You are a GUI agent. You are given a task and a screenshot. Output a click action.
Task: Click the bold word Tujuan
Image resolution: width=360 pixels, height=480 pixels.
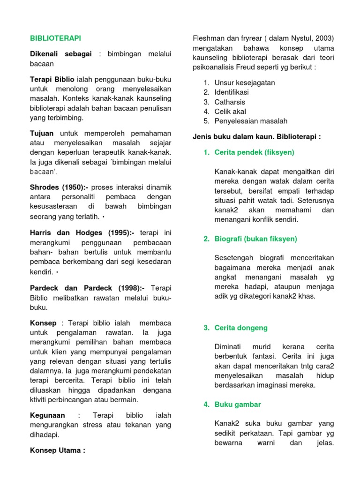42,134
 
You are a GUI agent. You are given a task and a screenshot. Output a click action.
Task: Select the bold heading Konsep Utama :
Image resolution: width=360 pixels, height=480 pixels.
57,450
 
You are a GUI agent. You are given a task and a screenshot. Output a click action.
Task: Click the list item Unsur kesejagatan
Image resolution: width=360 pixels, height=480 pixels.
245,82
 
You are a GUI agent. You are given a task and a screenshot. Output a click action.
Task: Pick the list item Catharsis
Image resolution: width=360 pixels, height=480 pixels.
230,102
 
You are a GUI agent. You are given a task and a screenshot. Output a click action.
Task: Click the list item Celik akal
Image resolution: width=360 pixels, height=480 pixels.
230,111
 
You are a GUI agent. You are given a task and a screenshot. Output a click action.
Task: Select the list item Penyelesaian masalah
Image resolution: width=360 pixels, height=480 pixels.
251,121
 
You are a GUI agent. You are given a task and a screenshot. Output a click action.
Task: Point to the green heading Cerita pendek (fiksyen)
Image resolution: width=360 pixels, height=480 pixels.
254,152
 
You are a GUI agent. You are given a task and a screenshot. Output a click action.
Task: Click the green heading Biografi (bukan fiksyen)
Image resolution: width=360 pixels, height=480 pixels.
255,239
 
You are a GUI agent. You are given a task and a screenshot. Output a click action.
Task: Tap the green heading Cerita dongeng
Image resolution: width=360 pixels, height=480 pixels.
240,328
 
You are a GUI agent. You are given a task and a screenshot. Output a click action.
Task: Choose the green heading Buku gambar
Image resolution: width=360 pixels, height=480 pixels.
238,404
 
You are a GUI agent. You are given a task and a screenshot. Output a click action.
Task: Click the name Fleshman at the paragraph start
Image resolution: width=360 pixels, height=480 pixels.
209,38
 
